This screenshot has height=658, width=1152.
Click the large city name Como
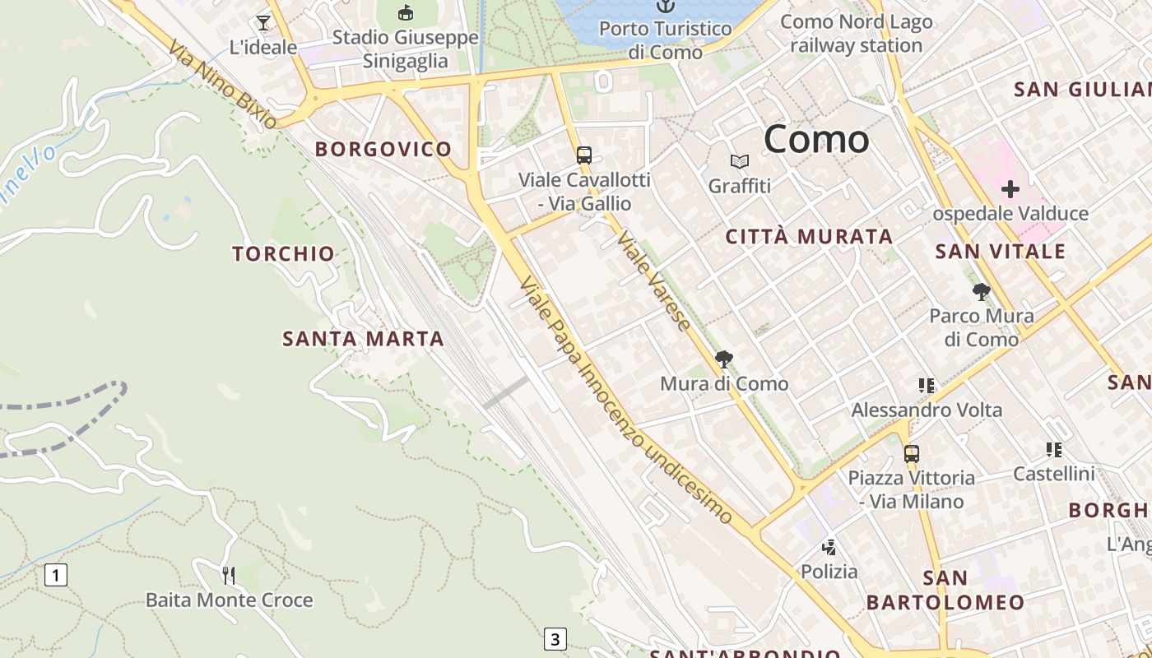(816, 139)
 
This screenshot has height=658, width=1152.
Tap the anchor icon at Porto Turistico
(664, 7)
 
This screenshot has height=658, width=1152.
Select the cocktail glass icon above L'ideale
(263, 22)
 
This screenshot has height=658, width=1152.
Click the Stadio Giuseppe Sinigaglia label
(405, 49)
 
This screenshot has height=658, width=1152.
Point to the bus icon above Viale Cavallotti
(584, 155)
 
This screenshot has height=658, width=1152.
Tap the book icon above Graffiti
(740, 162)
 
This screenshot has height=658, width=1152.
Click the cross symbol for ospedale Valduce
(1010, 190)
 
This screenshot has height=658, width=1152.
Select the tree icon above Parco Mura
(981, 292)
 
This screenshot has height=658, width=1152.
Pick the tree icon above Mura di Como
(724, 359)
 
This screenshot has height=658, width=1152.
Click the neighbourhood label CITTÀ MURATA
(809, 237)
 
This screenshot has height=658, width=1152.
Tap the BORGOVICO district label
(383, 149)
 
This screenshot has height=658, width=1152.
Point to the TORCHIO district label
(283, 253)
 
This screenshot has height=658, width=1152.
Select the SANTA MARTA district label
(363, 338)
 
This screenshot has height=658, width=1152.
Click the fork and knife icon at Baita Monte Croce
(229, 576)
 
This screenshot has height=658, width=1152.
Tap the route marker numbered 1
(56, 574)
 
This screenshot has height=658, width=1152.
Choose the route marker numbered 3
(555, 638)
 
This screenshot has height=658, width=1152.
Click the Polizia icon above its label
(829, 547)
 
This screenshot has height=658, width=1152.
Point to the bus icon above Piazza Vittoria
(911, 453)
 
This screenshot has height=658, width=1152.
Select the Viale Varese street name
(654, 280)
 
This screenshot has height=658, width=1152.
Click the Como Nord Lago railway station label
(856, 34)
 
